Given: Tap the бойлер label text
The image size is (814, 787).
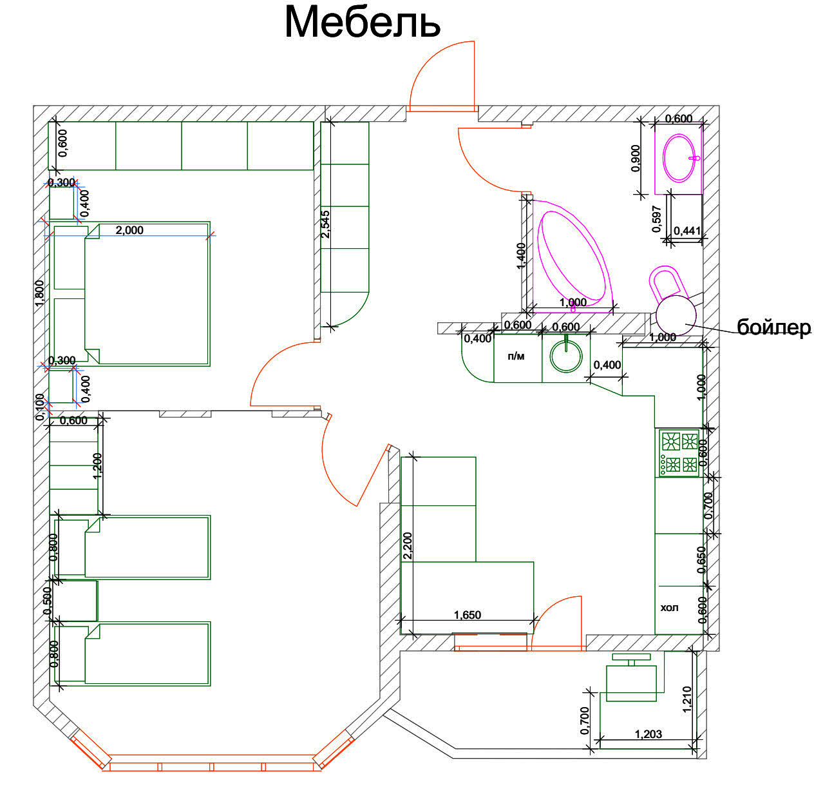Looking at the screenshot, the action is [x=774, y=327].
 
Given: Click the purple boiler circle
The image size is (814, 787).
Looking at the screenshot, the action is [x=676, y=315].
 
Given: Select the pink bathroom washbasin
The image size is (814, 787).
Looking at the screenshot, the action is [x=679, y=158].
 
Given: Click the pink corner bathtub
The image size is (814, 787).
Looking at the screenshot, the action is [x=571, y=256].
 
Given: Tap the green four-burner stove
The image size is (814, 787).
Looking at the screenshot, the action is [x=679, y=453].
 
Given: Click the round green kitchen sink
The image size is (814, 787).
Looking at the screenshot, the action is [x=566, y=357].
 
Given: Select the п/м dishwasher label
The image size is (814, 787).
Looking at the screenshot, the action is [x=516, y=356].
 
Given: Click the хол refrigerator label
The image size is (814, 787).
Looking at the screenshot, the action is [x=669, y=607].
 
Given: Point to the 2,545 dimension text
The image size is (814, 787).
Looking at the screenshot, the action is [x=325, y=224].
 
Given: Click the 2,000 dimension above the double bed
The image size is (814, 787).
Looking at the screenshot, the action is [x=129, y=230].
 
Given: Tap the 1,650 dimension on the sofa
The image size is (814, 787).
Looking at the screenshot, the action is [x=468, y=614].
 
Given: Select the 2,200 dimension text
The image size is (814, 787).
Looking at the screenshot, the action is [x=408, y=545].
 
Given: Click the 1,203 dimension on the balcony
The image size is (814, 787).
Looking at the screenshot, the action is [x=648, y=734].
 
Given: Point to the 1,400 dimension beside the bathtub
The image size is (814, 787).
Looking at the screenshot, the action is [x=521, y=256].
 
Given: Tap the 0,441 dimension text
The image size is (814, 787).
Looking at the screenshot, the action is [x=687, y=230].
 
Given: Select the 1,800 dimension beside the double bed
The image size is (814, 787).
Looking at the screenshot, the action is [x=39, y=293].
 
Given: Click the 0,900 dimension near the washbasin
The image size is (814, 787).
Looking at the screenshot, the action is [x=636, y=158].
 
